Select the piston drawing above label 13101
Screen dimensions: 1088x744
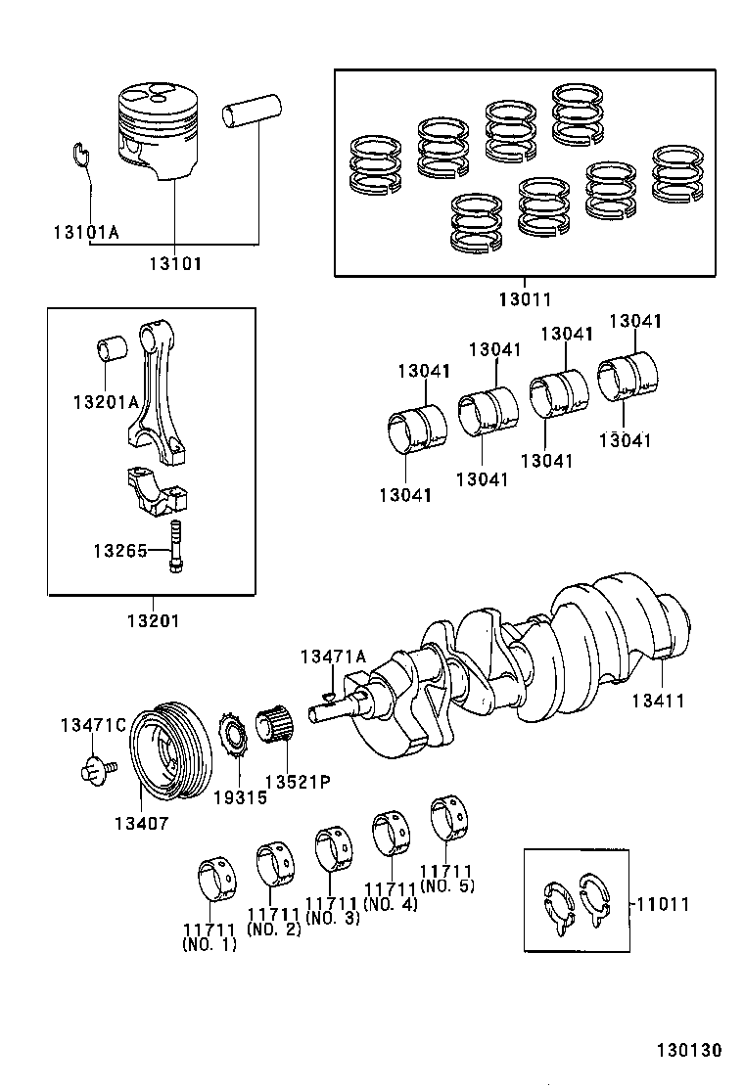(161, 131)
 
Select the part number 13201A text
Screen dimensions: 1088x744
(106, 401)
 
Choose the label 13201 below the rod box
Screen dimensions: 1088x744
(153, 620)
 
